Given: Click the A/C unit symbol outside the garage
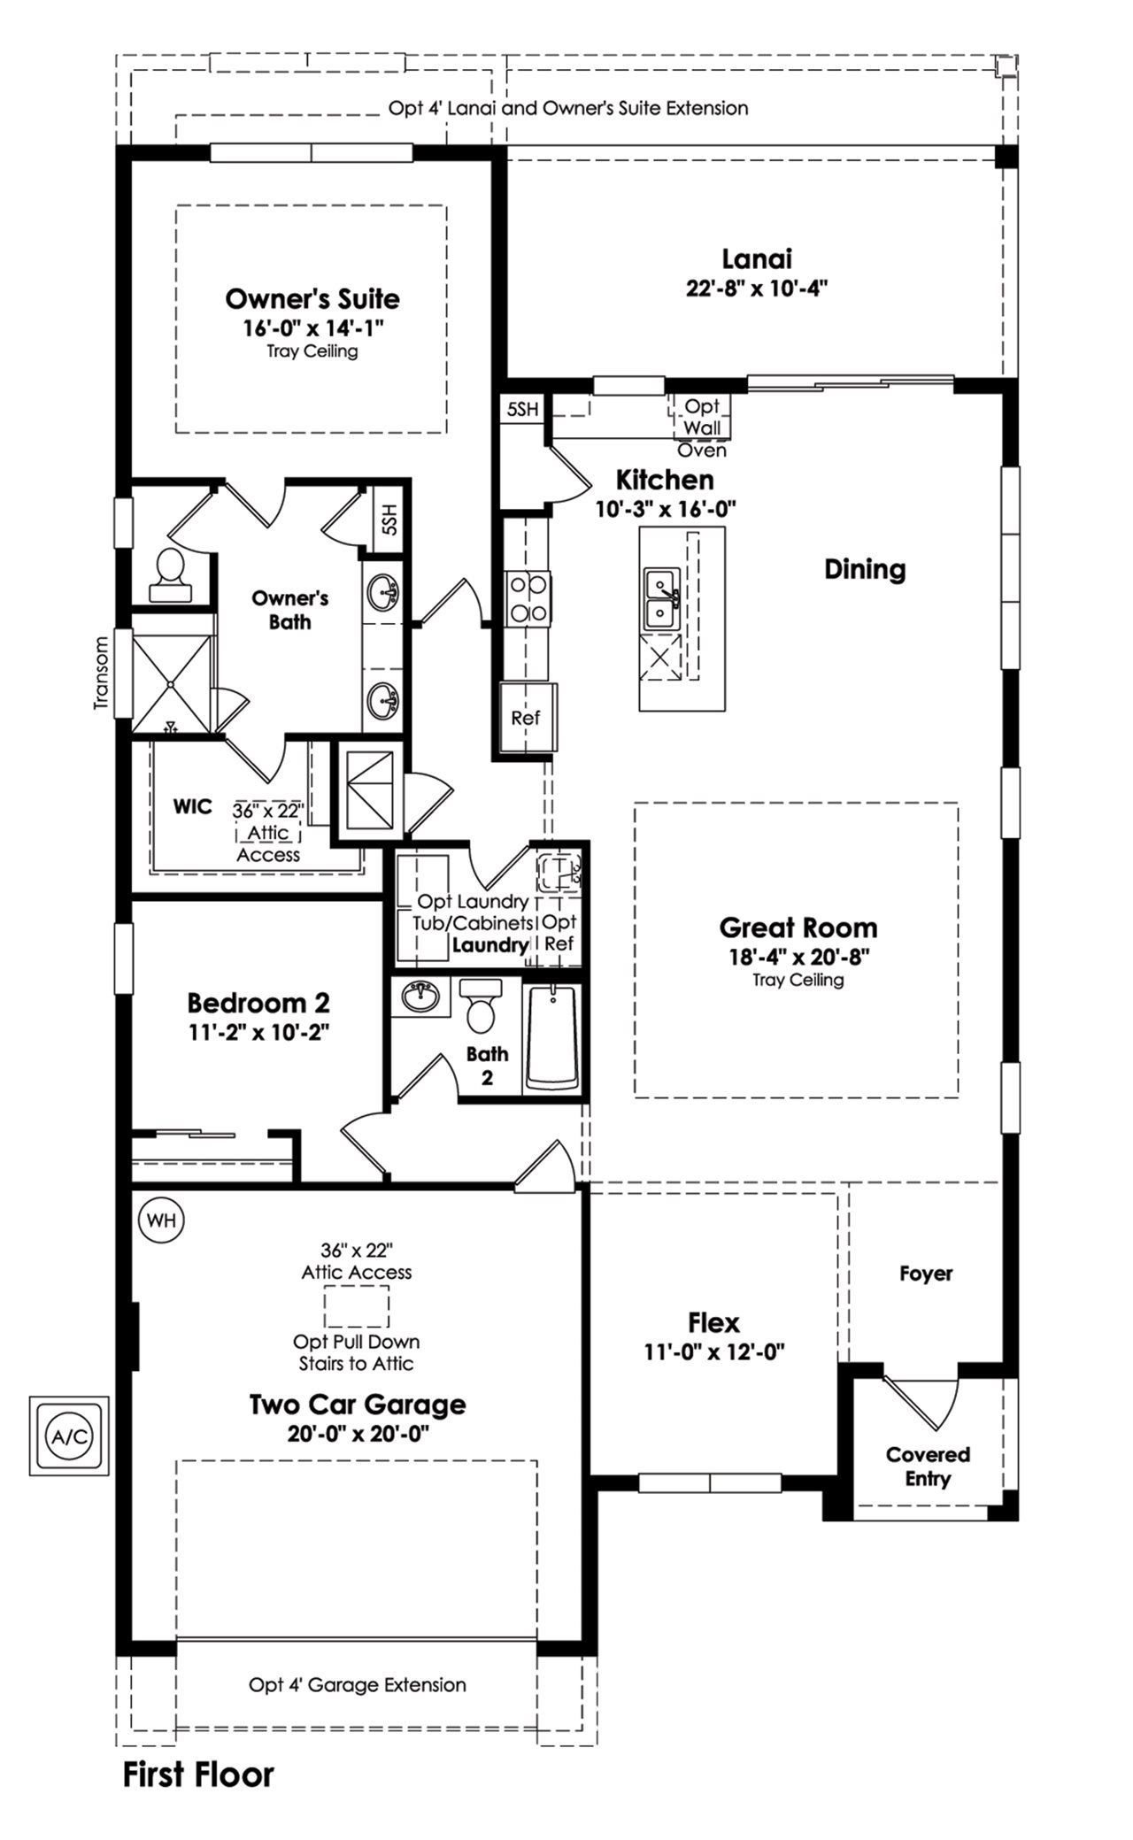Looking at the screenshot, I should pyautogui.click(x=69, y=1436).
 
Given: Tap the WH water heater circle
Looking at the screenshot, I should pyautogui.click(x=161, y=1220).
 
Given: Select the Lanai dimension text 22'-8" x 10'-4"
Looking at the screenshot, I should pyautogui.click(x=756, y=289).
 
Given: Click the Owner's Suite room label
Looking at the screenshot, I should pyautogui.click(x=312, y=299).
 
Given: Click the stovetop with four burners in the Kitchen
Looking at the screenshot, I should pyautogui.click(x=528, y=597).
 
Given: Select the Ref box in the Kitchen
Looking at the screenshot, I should pyautogui.click(x=526, y=718).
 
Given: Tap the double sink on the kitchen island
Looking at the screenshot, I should pyautogui.click(x=660, y=599).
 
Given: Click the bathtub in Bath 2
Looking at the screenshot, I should pyautogui.click(x=551, y=1038).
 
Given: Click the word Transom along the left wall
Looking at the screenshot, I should pyautogui.click(x=100, y=673).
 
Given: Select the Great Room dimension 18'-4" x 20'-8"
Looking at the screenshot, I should pyautogui.click(x=798, y=956).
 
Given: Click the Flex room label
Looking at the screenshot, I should pyautogui.click(x=713, y=1323).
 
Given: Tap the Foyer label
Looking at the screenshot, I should pyautogui.click(x=926, y=1274).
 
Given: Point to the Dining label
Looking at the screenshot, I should pyautogui.click(x=865, y=569).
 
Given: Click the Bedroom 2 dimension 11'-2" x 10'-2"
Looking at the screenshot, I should pyautogui.click(x=258, y=1032).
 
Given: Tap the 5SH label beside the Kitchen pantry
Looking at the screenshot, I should pyautogui.click(x=522, y=410).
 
